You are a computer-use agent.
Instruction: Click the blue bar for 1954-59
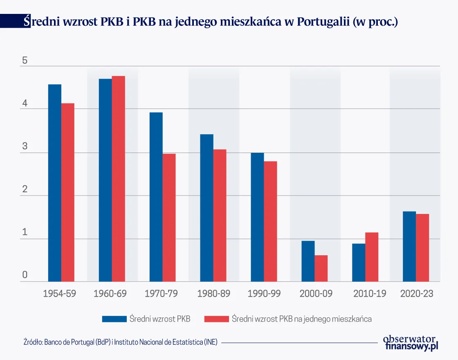coord(55,183)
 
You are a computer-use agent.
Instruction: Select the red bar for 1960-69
coord(119,179)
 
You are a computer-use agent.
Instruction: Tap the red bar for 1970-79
coord(169,218)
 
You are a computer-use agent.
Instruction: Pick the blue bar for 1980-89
coord(207,208)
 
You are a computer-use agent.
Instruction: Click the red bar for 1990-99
coord(271,221)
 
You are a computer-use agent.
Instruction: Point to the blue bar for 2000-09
coord(308,261)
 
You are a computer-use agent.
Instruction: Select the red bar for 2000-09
coord(321,268)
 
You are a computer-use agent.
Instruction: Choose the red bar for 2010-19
coord(372,257)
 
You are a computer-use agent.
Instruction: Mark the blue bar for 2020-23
coord(410,246)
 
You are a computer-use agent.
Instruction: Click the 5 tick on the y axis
coord(25,61)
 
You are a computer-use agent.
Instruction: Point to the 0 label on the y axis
coord(25,275)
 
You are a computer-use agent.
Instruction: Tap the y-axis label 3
coord(25,147)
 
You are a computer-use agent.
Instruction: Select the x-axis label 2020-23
coord(417,294)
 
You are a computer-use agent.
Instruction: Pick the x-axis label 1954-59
coord(60,294)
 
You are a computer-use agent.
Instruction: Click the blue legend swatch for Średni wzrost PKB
coord(114,319)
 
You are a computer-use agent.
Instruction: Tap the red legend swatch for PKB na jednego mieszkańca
coord(216,319)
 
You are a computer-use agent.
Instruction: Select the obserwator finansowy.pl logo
coord(410,342)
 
